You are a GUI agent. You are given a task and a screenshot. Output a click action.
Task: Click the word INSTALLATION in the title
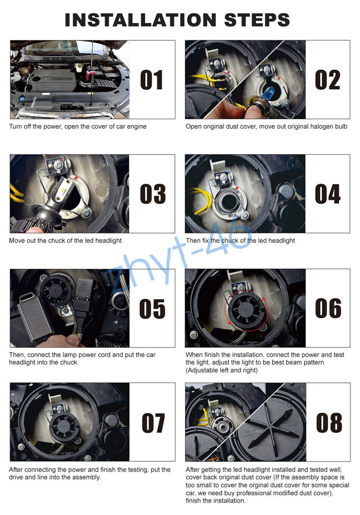click(141, 20)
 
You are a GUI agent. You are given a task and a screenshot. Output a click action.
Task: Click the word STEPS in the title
click(257, 20)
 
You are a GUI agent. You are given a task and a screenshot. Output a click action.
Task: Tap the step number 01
click(152, 80)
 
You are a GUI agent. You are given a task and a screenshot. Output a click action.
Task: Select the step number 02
click(327, 80)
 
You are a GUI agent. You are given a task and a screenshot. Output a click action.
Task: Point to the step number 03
click(152, 194)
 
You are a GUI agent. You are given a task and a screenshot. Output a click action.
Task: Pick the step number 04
click(327, 194)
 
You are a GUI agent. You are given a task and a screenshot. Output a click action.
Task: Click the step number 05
click(152, 309)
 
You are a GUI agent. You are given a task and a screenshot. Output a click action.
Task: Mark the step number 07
click(153, 423)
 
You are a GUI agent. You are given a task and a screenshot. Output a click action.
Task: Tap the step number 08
click(329, 423)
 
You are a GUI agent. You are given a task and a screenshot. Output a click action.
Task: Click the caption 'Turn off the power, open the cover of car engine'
click(78, 126)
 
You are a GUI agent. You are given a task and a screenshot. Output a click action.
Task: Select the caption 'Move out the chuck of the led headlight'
click(65, 240)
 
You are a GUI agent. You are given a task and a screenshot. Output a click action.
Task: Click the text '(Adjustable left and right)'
click(221, 370)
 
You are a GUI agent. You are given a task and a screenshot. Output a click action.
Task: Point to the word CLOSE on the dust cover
click(283, 402)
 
